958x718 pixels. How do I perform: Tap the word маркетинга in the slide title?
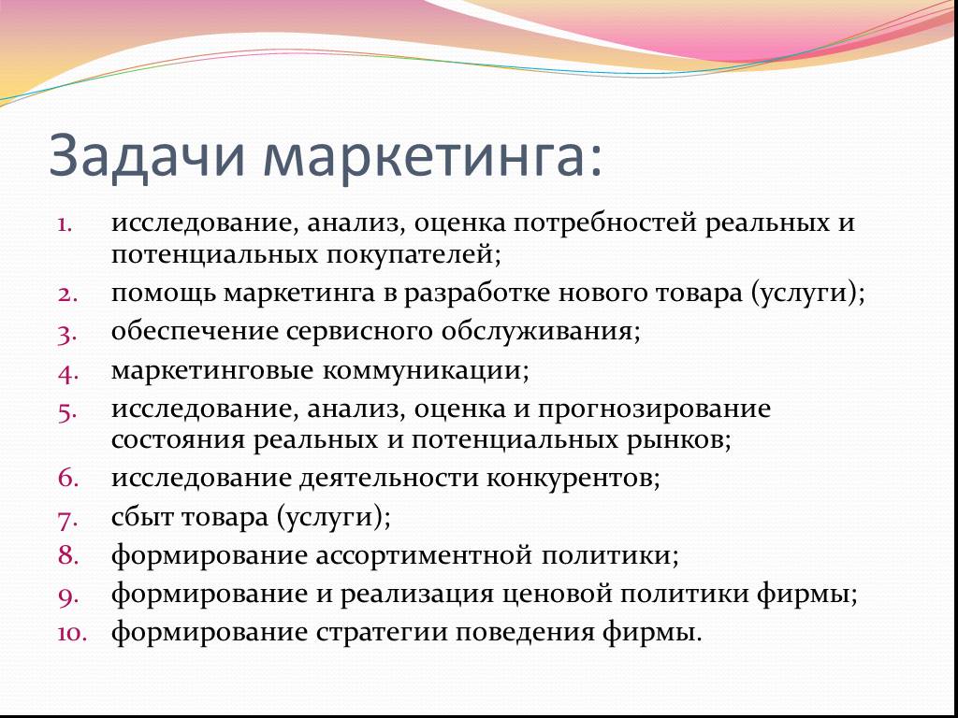434,157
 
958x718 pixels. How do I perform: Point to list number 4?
68,373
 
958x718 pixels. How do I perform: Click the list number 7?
68,520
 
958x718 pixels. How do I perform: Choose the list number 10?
73,633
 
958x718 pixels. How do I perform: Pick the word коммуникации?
426,370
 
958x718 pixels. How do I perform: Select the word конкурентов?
573,479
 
